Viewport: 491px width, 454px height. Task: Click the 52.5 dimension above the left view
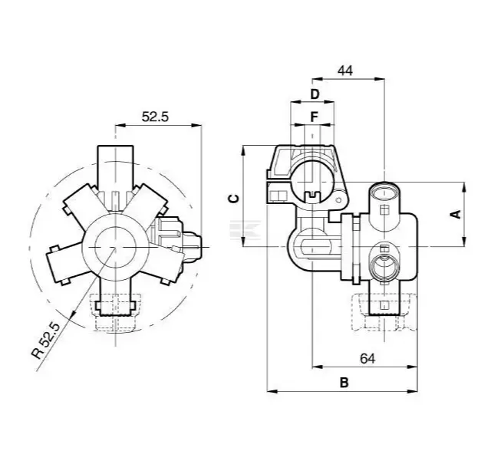[x=155, y=117]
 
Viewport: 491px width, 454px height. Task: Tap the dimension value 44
[x=344, y=70]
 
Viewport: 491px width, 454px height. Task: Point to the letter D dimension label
[x=314, y=94]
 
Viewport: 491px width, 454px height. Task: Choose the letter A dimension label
[x=454, y=214]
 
